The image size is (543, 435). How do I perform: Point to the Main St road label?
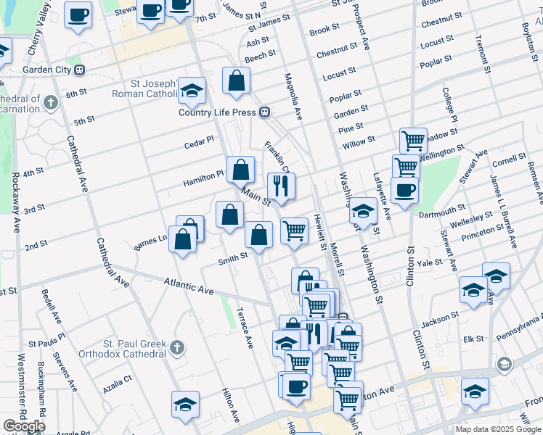256,197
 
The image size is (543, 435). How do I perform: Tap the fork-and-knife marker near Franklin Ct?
281,187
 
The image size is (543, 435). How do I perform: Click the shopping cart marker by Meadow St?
413,141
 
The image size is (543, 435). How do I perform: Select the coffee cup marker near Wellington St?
404,191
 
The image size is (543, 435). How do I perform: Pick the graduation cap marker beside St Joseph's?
192,91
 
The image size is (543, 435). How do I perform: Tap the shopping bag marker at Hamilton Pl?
241,170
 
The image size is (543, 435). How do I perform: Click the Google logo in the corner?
24,426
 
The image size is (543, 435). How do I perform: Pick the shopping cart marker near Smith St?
294,231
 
